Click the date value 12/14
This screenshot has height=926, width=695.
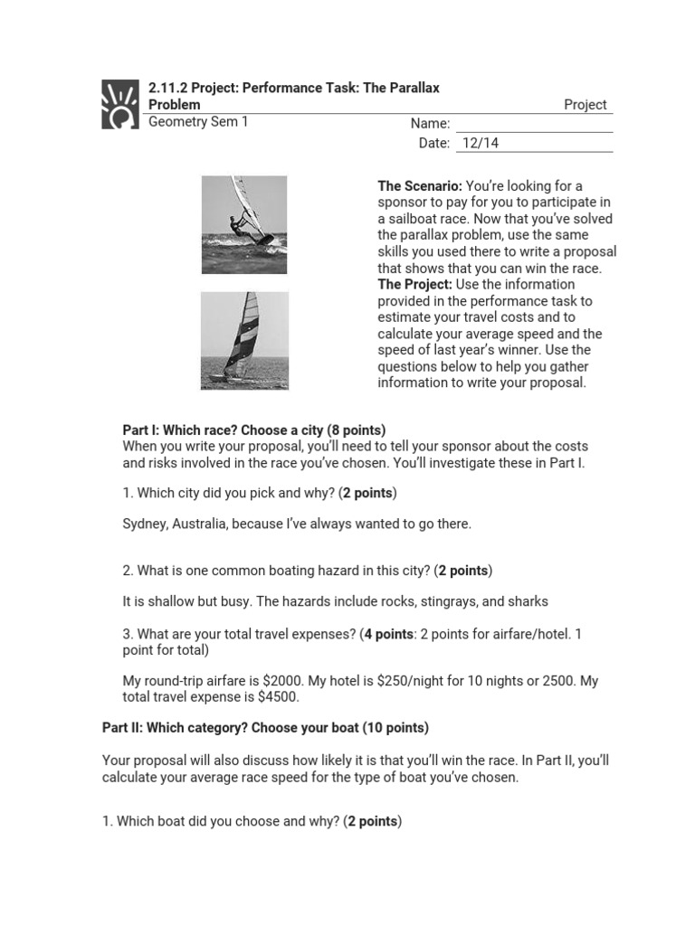pyautogui.click(x=480, y=143)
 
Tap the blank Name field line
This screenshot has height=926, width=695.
pyautogui.click(x=534, y=124)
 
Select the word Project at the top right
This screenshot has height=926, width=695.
pyautogui.click(x=585, y=105)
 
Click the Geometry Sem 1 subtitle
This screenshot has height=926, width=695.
pyautogui.click(x=197, y=122)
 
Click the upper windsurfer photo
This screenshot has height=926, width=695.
pyautogui.click(x=243, y=224)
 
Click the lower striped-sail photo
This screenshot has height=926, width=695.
pyautogui.click(x=243, y=340)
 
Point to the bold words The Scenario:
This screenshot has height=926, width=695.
pyautogui.click(x=419, y=186)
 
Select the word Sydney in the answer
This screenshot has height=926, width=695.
pyautogui.click(x=145, y=524)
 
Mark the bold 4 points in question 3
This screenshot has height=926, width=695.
pyautogui.click(x=387, y=634)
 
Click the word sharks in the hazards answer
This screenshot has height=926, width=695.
pyautogui.click(x=528, y=601)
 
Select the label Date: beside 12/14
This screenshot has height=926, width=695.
pyautogui.click(x=433, y=143)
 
